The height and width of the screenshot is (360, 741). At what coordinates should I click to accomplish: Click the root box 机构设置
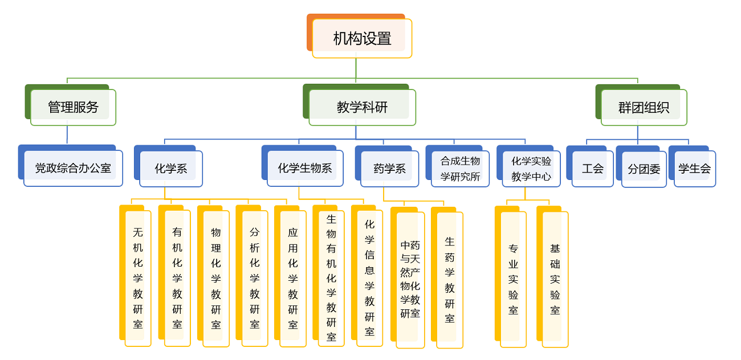tap(362, 38)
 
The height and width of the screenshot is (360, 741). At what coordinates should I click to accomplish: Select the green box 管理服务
tap(73, 107)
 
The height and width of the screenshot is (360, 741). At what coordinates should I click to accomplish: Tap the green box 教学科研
tap(362, 107)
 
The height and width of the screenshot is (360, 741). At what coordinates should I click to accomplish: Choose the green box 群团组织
tap(644, 107)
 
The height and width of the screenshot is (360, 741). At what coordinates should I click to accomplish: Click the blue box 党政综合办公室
tap(73, 168)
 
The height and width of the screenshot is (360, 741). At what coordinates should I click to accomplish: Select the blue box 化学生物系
tap(305, 168)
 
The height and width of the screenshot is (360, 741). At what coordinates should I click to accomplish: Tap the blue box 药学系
tap(389, 169)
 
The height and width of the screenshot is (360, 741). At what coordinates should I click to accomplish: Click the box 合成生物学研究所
tap(460, 169)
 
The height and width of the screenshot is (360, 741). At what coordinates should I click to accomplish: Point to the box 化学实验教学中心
tap(531, 169)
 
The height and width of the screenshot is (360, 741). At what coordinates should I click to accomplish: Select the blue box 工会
tap(592, 169)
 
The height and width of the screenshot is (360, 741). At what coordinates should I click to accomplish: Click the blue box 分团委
tap(644, 169)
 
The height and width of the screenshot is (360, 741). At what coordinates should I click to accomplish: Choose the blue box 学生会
tap(694, 169)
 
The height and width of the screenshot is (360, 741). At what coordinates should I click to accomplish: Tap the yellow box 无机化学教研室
tap(138, 278)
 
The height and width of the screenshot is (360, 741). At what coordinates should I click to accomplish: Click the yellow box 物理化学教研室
tap(216, 278)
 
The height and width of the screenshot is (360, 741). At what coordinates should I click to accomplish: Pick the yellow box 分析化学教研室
tap(255, 278)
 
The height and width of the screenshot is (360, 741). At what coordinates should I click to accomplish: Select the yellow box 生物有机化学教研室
tap(331, 278)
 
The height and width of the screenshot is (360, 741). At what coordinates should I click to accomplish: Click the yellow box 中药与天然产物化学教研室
tap(410, 279)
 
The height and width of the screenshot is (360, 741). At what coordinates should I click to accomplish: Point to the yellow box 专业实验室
tap(513, 279)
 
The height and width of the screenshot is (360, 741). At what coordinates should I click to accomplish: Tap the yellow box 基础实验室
tap(555, 279)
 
